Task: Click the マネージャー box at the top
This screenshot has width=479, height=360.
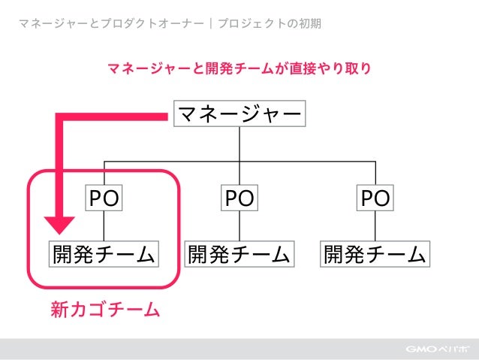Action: (239, 114)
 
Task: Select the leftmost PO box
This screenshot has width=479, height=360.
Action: (104, 198)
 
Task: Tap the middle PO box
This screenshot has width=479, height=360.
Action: (239, 198)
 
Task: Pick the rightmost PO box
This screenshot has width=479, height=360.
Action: (375, 198)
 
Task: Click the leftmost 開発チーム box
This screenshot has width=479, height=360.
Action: (104, 254)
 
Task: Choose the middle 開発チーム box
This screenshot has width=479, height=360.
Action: (239, 254)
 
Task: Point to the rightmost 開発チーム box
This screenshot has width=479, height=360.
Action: (375, 254)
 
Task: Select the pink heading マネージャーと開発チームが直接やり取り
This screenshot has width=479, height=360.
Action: (239, 69)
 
